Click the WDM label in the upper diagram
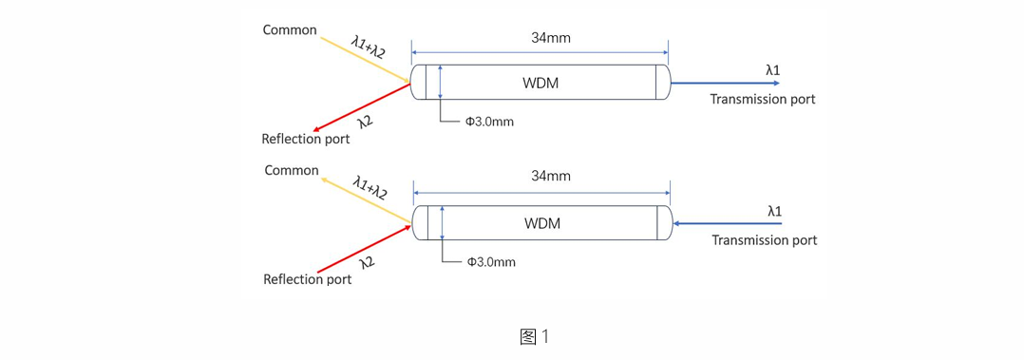[541, 84]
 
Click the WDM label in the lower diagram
[542, 224]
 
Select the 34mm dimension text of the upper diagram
[551, 37]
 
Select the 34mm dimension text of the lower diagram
[551, 177]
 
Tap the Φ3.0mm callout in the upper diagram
[489, 122]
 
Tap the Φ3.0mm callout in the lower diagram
[491, 262]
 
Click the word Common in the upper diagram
[290, 30]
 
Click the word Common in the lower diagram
[292, 171]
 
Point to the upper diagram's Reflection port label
[306, 140]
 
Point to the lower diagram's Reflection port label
[308, 279]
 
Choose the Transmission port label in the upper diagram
[763, 100]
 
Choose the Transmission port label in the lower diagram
[765, 239]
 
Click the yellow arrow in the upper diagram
[365, 61]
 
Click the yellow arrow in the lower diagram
[367, 199]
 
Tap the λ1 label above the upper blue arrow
[772, 68]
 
